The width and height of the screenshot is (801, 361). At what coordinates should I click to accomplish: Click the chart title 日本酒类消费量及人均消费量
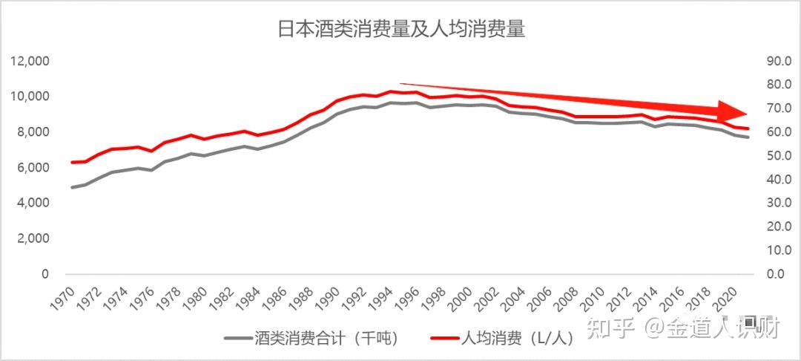coord(400,29)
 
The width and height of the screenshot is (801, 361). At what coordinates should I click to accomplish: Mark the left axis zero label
coord(45,274)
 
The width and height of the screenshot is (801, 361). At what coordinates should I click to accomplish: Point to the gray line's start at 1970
coord(72,187)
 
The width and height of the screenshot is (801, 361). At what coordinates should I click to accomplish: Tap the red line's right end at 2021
coord(748,129)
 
